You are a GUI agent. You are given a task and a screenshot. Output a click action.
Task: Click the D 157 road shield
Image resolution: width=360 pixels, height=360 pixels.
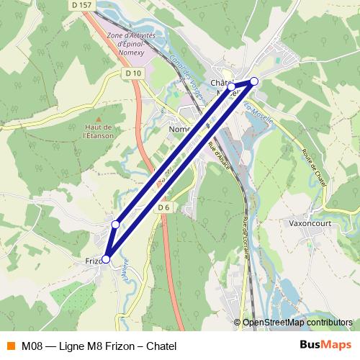point(83,5)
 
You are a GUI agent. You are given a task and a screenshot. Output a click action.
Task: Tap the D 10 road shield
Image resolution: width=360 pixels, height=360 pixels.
point(132,73)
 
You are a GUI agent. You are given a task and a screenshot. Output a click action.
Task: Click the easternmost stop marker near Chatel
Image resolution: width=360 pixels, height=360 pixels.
point(253,81)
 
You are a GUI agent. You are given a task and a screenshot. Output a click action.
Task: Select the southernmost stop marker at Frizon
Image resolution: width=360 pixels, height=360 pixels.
point(106,259)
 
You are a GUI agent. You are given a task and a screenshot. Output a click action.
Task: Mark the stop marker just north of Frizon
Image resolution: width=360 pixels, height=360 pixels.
point(115,225)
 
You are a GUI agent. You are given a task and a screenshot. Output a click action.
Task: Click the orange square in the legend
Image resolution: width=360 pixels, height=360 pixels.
point(10,346)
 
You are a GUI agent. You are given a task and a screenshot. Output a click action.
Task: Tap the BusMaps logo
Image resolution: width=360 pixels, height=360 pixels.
point(325,346)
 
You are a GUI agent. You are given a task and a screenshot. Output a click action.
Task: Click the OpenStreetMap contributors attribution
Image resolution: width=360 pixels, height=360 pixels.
point(297,323)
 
